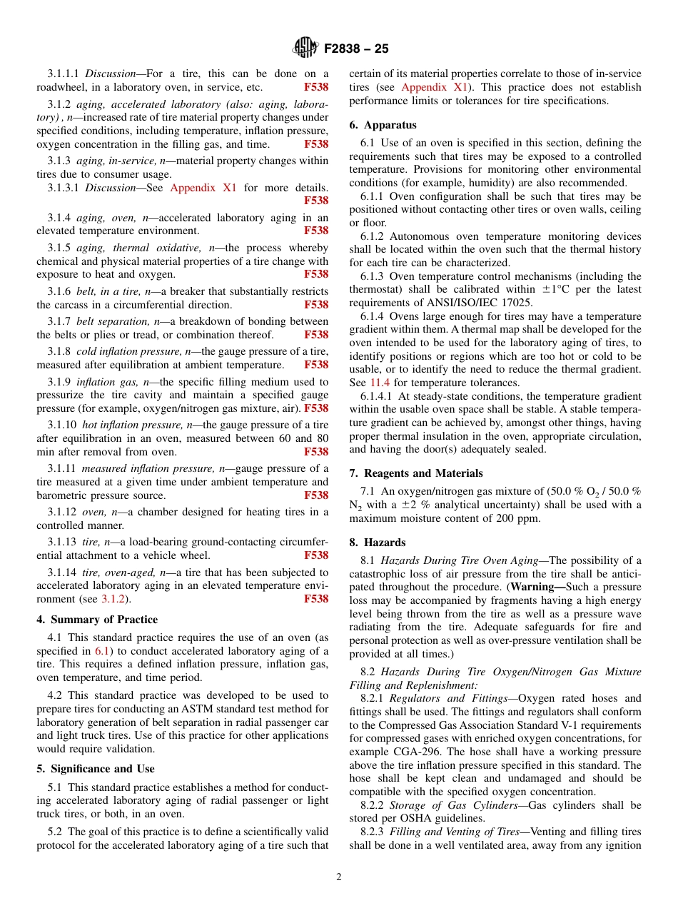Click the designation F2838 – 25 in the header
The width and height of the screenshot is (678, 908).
tap(356, 49)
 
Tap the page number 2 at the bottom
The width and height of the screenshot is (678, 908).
tap(339, 877)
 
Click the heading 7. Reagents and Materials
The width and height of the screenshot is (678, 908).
tap(415, 473)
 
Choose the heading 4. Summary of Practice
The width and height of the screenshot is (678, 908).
tap(97, 620)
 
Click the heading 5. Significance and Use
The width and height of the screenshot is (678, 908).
tap(96, 769)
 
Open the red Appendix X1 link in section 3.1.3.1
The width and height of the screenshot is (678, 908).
tap(203, 188)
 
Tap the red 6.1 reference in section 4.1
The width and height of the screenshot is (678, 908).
tap(102, 651)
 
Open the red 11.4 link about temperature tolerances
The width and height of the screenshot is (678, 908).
tap(380, 383)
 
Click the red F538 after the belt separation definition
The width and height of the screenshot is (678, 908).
tap(316, 335)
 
